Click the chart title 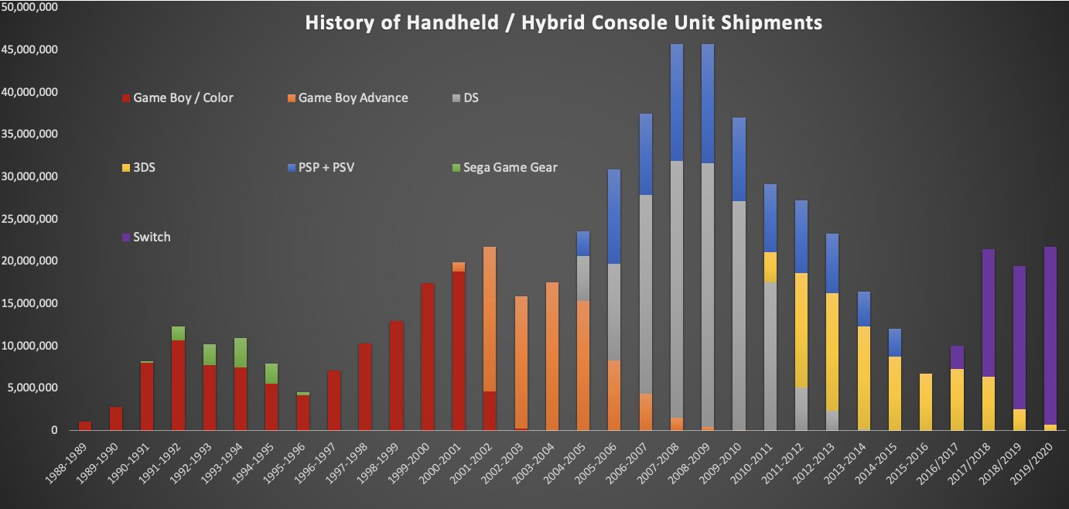563,22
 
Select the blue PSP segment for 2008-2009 707,104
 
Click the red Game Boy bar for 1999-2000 427,357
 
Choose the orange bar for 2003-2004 552,357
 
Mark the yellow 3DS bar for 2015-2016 926,401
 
